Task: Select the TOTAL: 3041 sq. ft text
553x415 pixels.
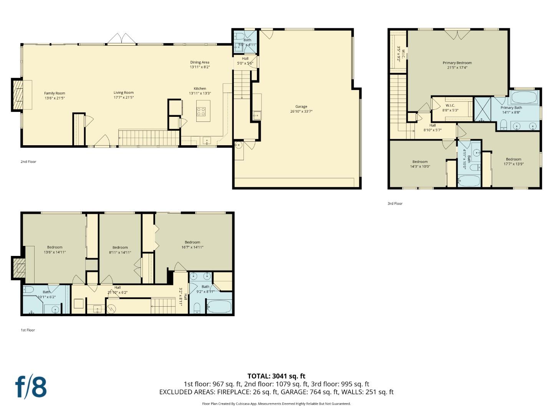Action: (x=276, y=376)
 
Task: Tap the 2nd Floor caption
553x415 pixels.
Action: (x=28, y=162)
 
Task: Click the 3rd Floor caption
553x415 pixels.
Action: (x=395, y=204)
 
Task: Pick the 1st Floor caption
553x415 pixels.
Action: (x=28, y=330)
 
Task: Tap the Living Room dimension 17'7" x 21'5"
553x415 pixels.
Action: (x=124, y=98)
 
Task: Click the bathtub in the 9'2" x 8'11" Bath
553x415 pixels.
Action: (x=219, y=307)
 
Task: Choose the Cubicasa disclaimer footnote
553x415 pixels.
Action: (x=276, y=404)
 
